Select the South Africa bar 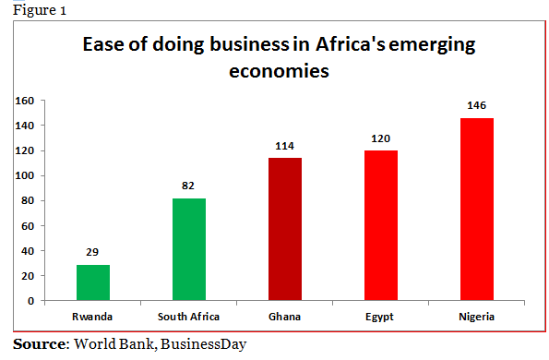pyautogui.click(x=188, y=249)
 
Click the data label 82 pyautogui.click(x=188, y=186)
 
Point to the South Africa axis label pyautogui.click(x=188, y=316)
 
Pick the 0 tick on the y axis pyautogui.click(x=30, y=301)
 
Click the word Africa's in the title pyautogui.click(x=343, y=45)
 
